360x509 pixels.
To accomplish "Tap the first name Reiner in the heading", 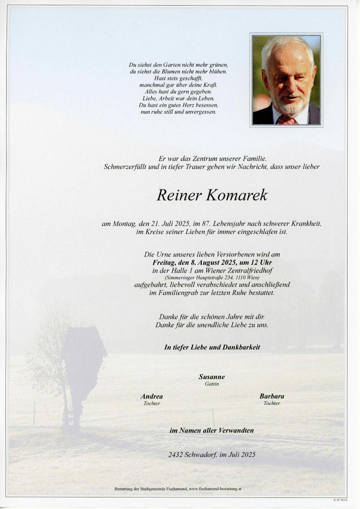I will [x=178, y=195].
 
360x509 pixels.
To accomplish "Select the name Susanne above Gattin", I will [x=211, y=377].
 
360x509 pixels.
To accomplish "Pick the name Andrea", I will [x=151, y=396].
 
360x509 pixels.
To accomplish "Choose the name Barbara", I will [x=271, y=396].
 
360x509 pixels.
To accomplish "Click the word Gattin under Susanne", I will [x=212, y=384].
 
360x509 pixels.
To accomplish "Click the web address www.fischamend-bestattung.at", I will [x=216, y=489].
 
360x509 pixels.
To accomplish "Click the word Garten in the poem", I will [x=171, y=65].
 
